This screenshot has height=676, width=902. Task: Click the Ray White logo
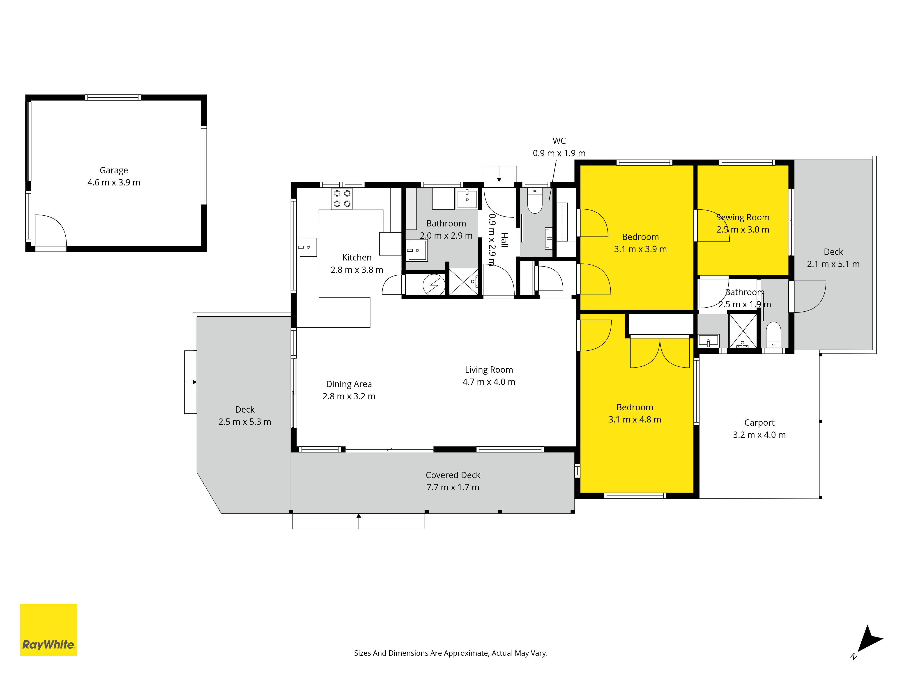[x=48, y=630]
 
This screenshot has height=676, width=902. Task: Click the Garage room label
[x=114, y=170]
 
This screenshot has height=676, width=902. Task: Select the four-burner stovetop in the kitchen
[x=342, y=199]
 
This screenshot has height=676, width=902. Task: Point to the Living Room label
[x=489, y=370]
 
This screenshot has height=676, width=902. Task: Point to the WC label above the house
[x=559, y=141]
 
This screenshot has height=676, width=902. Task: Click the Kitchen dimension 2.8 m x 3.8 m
[x=357, y=270]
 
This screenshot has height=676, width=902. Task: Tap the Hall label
[x=504, y=240]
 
